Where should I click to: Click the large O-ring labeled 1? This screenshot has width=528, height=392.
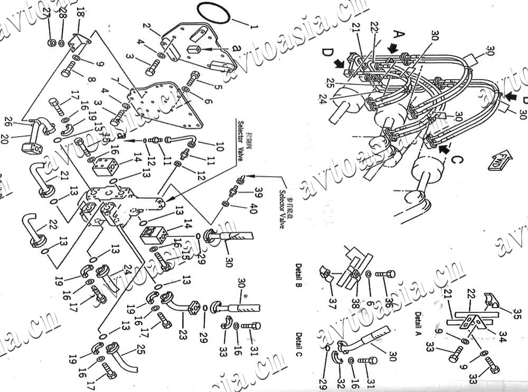214,12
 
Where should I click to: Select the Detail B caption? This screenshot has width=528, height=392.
298,275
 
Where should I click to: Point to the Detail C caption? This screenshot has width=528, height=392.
299,345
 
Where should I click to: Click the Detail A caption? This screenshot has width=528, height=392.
418,323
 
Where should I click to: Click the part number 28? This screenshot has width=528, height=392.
63,14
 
